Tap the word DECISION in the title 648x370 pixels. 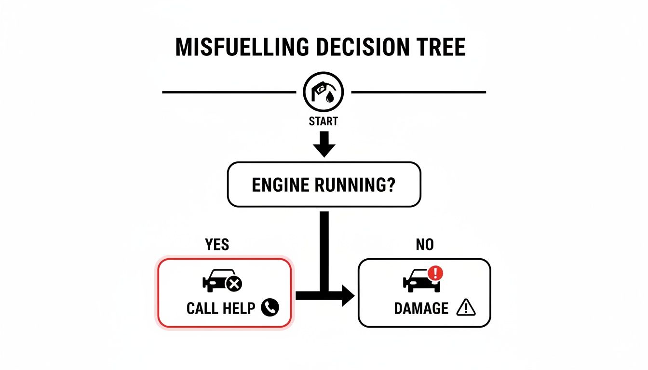click(350, 47)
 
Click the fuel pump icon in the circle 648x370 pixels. click(324, 92)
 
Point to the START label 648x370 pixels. click(324, 121)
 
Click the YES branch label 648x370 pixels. click(217, 245)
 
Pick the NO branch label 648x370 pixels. click(424, 245)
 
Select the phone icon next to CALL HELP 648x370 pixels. click(270, 307)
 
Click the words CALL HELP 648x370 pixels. click(220, 308)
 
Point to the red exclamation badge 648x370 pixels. click(435, 274)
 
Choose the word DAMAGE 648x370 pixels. click(421, 308)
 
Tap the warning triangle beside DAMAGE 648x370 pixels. click(466, 307)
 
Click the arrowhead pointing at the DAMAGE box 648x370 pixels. click(347, 295)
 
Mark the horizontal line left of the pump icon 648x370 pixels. click(229, 92)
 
